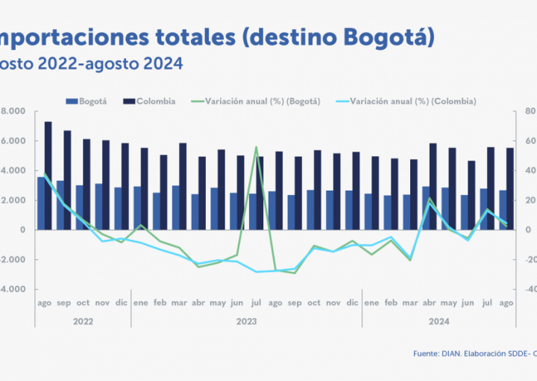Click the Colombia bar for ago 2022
[48, 176]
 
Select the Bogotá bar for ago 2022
[41, 203]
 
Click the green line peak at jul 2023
[256, 147]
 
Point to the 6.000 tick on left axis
[13, 141]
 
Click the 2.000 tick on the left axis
[13, 200]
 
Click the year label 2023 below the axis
[246, 321]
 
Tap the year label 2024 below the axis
[439, 321]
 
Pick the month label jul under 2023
[256, 303]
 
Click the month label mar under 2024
[409, 303]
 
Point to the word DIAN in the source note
[452, 353]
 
